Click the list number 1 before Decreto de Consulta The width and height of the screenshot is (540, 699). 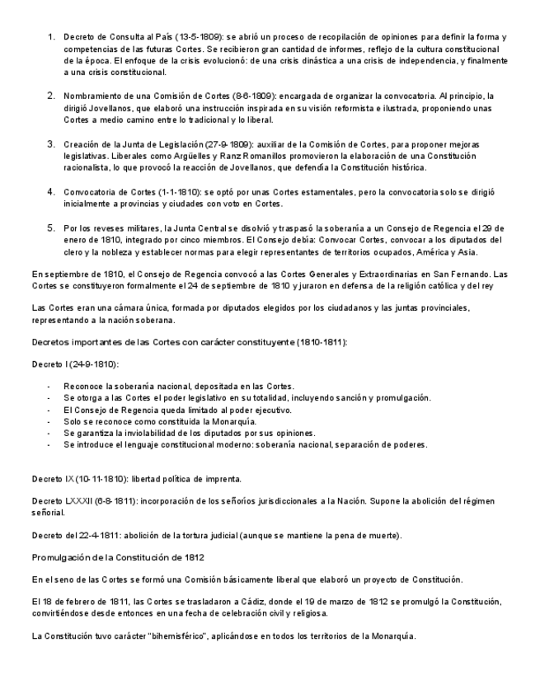(50, 37)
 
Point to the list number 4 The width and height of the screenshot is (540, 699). (50, 191)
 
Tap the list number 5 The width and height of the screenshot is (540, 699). (50, 228)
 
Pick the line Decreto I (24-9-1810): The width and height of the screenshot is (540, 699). (75, 364)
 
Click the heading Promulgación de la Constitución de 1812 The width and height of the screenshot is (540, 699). (118, 557)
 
